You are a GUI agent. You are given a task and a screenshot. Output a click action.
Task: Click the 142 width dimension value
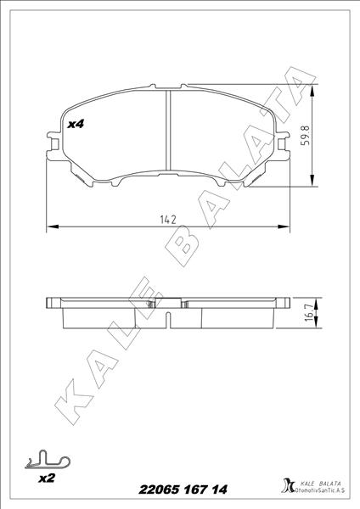pyautogui.click(x=168, y=220)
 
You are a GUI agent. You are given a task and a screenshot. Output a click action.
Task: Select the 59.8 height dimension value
pyautogui.click(x=306, y=135)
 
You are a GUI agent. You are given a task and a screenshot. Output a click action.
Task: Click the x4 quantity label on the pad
pyautogui.click(x=76, y=124)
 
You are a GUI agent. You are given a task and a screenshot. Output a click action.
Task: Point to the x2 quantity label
pyautogui.click(x=47, y=478)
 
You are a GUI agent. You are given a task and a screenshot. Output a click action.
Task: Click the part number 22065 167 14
pyautogui.click(x=183, y=489)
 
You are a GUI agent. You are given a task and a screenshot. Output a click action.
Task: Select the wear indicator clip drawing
pyautogui.click(x=48, y=460)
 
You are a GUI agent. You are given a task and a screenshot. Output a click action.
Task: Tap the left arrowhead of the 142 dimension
pyautogui.click(x=53, y=227)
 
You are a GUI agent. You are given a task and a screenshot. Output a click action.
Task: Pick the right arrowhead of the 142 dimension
pyautogui.click(x=284, y=227)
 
